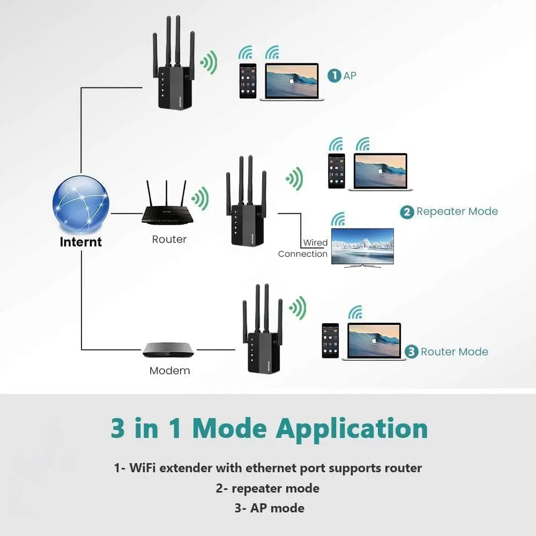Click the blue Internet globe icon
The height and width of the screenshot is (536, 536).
[x=81, y=205]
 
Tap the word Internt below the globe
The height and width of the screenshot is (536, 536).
[x=80, y=242]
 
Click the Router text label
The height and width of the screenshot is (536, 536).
[x=169, y=240]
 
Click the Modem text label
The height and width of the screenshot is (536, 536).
[x=169, y=370]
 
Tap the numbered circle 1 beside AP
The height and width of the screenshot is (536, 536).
[x=334, y=76]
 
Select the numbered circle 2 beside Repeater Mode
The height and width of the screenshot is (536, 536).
[x=407, y=212]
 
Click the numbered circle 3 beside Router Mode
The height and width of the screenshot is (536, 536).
[x=412, y=352]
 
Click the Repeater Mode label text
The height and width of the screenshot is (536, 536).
[x=457, y=212]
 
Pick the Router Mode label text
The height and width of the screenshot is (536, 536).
[x=455, y=352]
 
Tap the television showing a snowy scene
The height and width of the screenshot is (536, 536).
[x=362, y=247]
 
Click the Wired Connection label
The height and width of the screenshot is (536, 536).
[x=303, y=249]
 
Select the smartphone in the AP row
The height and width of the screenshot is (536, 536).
[x=248, y=80]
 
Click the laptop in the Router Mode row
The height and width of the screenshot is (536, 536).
[x=374, y=341]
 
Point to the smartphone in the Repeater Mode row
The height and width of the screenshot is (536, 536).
[x=337, y=170]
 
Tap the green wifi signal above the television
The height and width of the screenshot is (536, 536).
[x=338, y=219]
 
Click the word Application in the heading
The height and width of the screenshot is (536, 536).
[x=352, y=428]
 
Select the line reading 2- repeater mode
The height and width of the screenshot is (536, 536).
[x=267, y=488]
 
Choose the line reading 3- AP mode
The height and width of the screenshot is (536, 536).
[x=269, y=508]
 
